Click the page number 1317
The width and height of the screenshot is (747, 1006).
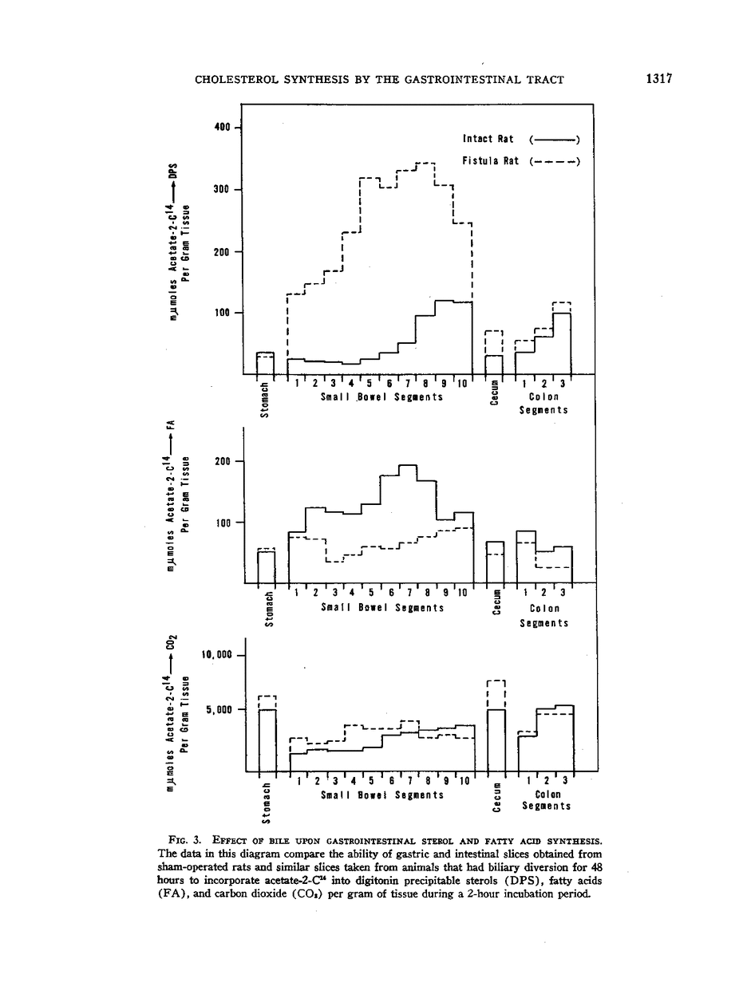click(659, 79)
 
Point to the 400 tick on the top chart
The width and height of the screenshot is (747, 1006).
click(223, 127)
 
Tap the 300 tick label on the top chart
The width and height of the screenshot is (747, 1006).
click(223, 190)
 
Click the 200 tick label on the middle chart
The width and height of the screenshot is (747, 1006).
click(223, 461)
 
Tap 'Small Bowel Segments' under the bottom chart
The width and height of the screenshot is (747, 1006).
click(381, 795)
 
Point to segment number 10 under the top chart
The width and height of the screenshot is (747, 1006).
click(463, 384)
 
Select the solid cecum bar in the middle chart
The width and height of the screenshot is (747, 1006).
click(496, 562)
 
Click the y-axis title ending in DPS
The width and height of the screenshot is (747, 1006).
click(180, 239)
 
